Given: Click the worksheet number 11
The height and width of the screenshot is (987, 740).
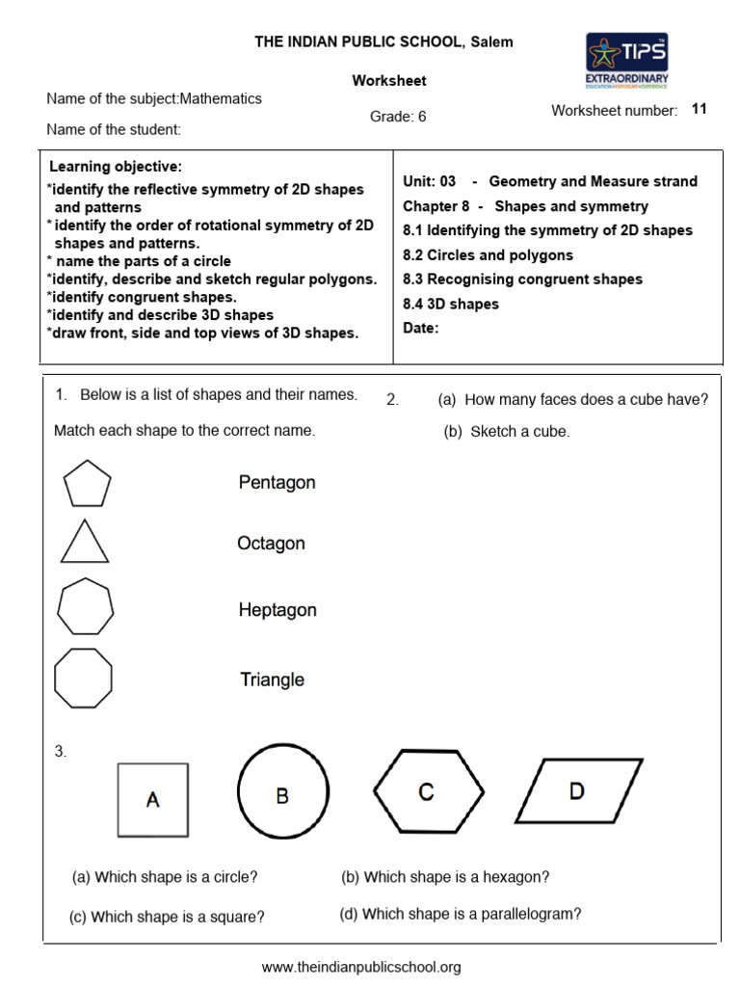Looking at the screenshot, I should [x=700, y=109].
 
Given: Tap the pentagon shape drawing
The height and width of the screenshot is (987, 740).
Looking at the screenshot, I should [x=87, y=482].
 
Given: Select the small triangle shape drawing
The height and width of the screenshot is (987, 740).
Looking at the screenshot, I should [x=85, y=542].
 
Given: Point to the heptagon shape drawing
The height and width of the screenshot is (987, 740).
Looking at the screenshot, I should [x=86, y=607].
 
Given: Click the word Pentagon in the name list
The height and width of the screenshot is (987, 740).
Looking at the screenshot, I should [x=277, y=482].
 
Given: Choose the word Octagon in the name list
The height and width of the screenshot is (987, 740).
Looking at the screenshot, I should [x=271, y=544].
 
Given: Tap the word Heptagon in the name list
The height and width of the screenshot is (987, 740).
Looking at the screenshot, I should [x=277, y=610].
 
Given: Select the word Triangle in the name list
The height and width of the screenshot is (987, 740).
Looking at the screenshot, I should [x=272, y=680].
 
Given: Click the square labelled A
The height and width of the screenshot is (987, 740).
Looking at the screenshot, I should [x=152, y=799].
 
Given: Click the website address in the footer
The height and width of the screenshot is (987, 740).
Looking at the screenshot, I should [x=361, y=966].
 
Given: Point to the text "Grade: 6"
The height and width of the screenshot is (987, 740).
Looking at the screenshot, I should [x=398, y=117].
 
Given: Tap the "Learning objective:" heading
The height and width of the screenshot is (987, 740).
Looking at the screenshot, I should [x=116, y=167].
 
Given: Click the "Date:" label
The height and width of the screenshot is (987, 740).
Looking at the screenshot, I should [x=420, y=328].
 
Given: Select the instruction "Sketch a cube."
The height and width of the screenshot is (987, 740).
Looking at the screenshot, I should [x=507, y=432].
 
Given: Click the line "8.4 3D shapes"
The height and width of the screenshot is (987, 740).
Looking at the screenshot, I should [x=451, y=304].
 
